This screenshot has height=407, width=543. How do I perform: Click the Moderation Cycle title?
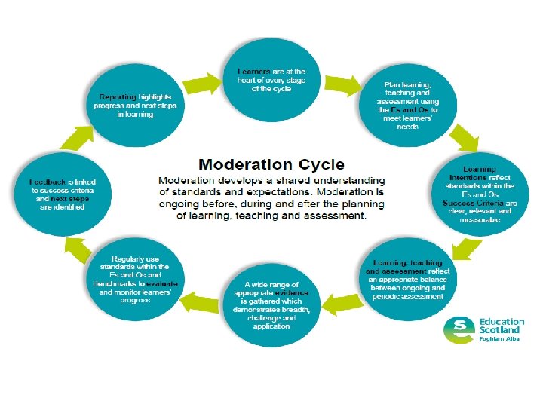[271, 164]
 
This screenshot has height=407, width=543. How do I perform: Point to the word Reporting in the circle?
[118, 97]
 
